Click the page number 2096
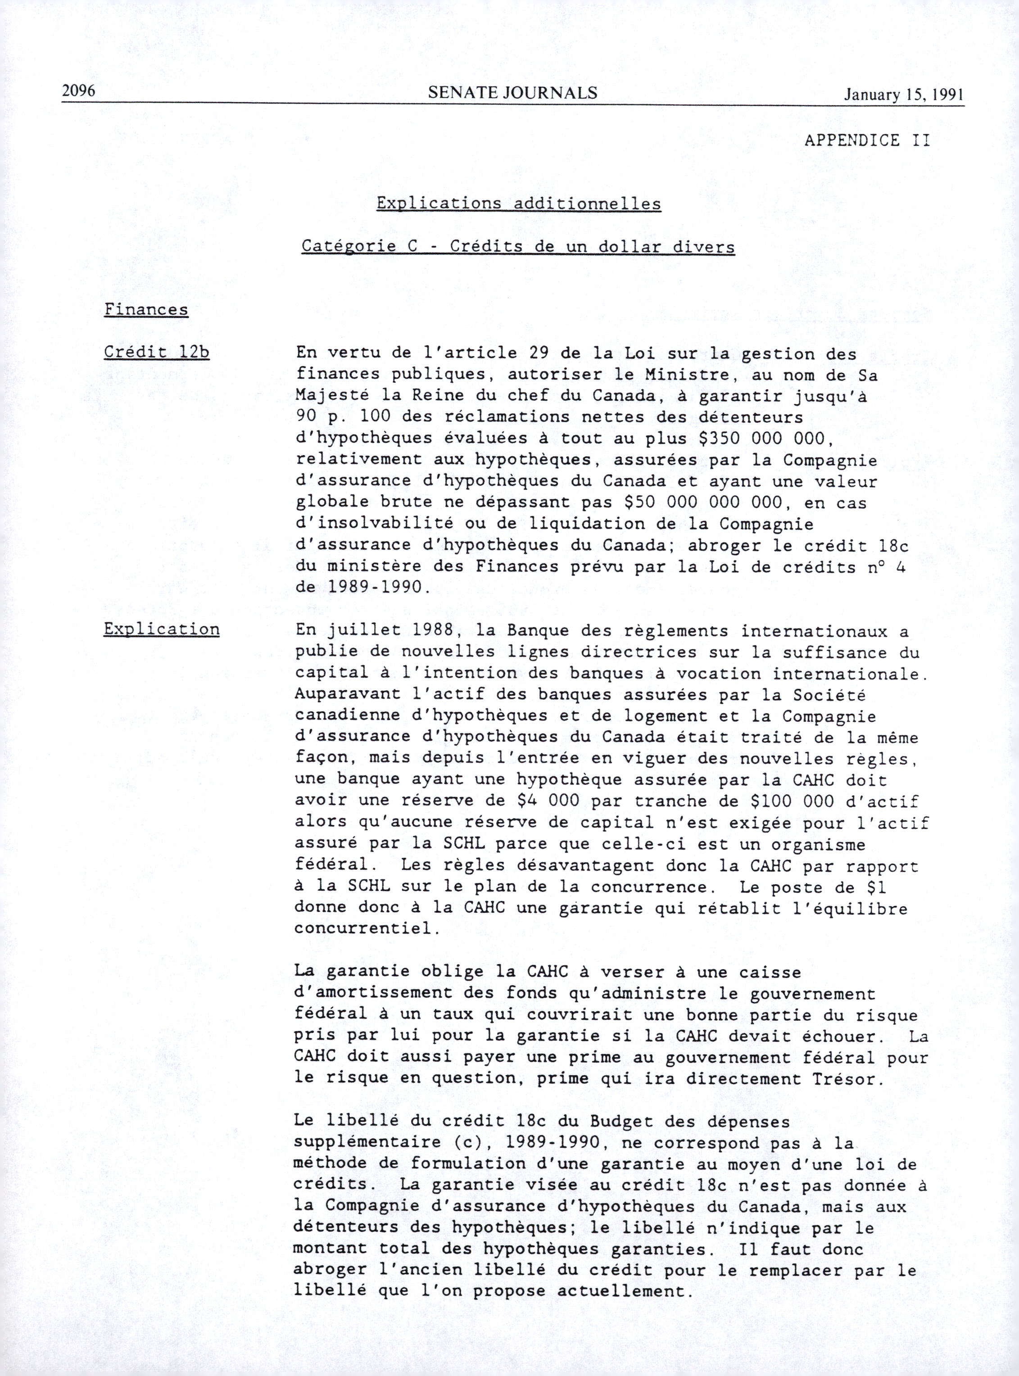pyautogui.click(x=78, y=92)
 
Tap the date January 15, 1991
pyautogui.click(x=904, y=95)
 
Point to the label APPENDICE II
pyautogui.click(x=867, y=140)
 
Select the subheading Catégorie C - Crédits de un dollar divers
pyautogui.click(x=518, y=247)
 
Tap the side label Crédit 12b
pyautogui.click(x=157, y=353)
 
